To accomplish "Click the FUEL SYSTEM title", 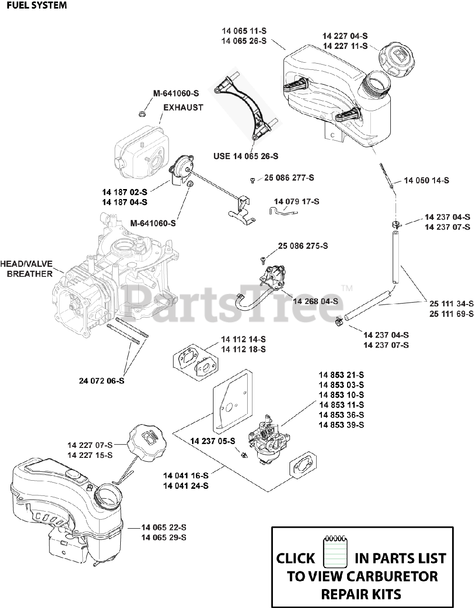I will (33, 6).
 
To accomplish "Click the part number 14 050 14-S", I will (426, 180).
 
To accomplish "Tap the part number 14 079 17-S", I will (296, 201).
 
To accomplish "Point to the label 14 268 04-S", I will (315, 301).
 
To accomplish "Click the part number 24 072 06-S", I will (102, 380).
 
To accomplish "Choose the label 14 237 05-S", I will (213, 441).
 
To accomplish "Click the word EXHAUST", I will (183, 107).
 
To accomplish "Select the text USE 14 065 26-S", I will (246, 156).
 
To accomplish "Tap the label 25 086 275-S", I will (303, 246).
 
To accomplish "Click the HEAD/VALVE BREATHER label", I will (27, 269).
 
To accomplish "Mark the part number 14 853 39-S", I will (341, 425).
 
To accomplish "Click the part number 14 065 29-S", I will (164, 537).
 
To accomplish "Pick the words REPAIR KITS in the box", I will (361, 594).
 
